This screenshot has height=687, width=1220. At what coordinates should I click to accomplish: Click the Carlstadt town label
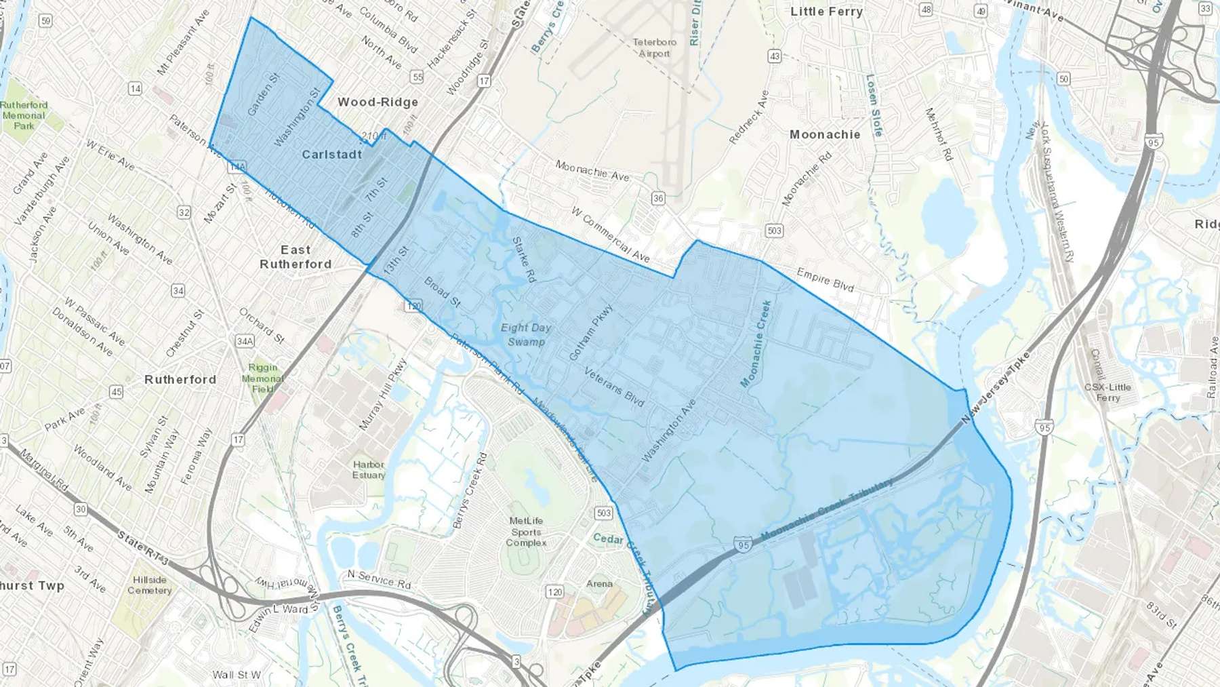pyautogui.click(x=331, y=155)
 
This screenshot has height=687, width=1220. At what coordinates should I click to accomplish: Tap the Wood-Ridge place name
pyautogui.click(x=378, y=102)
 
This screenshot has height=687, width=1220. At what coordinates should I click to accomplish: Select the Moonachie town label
pyautogui.click(x=825, y=134)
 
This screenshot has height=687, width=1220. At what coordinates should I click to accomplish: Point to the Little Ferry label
pyautogui.click(x=826, y=12)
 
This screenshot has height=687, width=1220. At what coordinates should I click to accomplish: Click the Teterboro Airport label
pyautogui.click(x=654, y=47)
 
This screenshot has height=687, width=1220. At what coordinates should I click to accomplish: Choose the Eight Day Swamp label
pyautogui.click(x=526, y=334)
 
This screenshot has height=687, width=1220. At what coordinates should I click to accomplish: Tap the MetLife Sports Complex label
pyautogui.click(x=526, y=532)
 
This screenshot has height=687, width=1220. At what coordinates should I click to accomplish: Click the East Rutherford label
pyautogui.click(x=296, y=257)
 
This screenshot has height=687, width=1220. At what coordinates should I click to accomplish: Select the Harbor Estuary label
pyautogui.click(x=369, y=469)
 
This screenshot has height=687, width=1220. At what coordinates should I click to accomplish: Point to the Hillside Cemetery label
pyautogui.click(x=150, y=585)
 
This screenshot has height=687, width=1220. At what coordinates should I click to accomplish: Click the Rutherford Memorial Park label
pyautogui.click(x=24, y=115)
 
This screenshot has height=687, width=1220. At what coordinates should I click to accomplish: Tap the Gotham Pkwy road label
pyautogui.click(x=591, y=332)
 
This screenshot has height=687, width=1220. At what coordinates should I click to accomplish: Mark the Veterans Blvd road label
pyautogui.click(x=614, y=387)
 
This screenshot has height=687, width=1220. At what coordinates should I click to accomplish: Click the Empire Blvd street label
pyautogui.click(x=825, y=279)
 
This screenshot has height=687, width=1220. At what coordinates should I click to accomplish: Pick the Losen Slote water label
pyautogui.click(x=874, y=105)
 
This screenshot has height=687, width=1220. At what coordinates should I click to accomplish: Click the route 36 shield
pyautogui.click(x=657, y=198)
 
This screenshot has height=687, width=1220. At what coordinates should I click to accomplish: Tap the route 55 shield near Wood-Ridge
pyautogui.click(x=418, y=77)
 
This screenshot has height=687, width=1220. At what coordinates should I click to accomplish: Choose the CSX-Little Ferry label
pyautogui.click(x=1107, y=392)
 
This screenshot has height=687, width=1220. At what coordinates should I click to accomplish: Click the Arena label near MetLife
pyautogui.click(x=599, y=583)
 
